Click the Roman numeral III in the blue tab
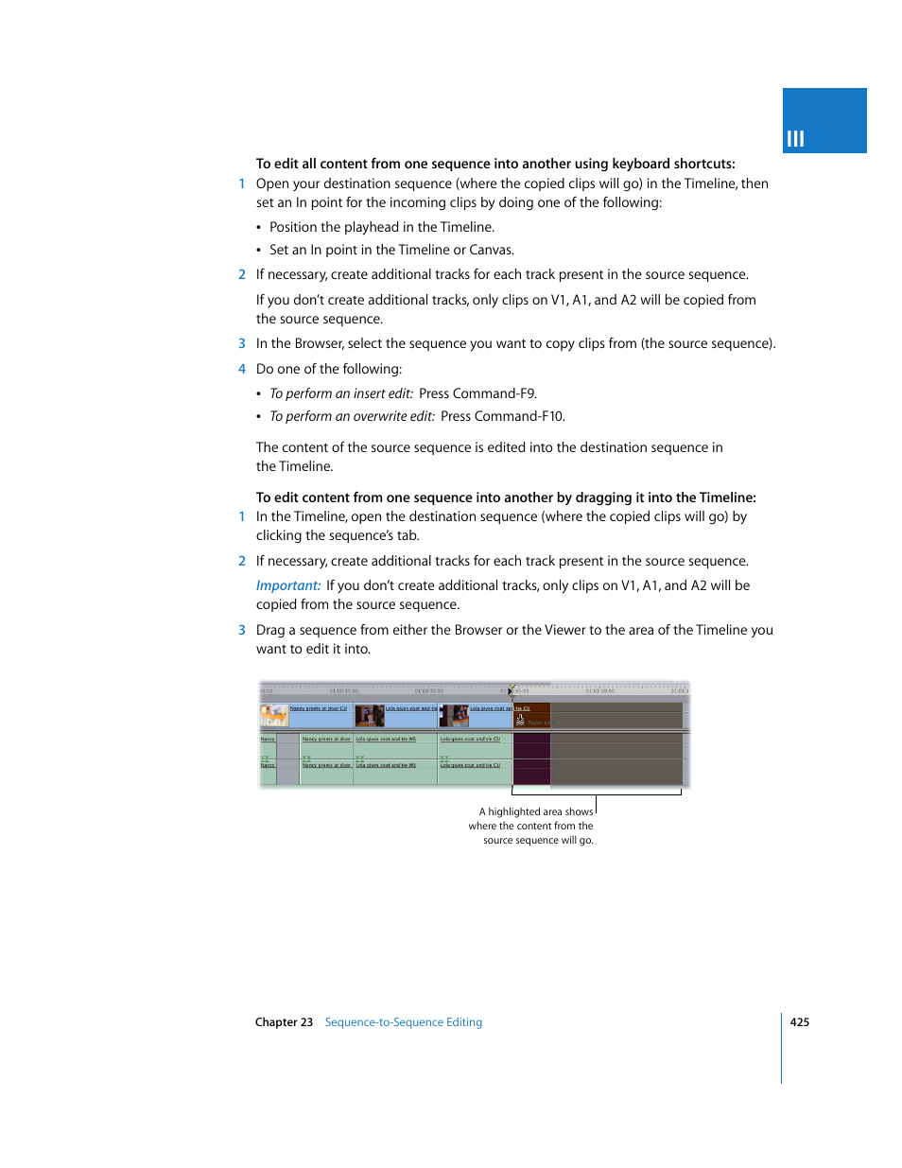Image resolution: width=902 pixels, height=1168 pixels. [795, 139]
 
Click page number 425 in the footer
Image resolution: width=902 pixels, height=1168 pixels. [799, 1022]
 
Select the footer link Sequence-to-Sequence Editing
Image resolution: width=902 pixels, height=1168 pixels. [403, 1022]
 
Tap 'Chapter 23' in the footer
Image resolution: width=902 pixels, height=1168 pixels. [284, 1022]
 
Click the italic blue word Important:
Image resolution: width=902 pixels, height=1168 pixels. [288, 586]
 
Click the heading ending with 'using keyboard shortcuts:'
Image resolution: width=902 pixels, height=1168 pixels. [494, 164]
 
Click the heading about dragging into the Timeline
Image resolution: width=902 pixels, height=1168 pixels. [506, 497]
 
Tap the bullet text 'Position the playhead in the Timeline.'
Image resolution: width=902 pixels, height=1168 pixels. [382, 227]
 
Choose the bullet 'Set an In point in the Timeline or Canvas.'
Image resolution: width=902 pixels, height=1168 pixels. [391, 250]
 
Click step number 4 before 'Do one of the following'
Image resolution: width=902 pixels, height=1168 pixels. [242, 369]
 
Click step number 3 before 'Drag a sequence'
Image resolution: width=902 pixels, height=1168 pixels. [242, 630]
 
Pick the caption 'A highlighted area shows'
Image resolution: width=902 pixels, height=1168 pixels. [535, 811]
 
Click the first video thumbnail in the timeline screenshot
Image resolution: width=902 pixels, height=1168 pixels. [274, 716]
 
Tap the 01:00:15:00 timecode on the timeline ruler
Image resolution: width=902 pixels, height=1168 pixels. [344, 691]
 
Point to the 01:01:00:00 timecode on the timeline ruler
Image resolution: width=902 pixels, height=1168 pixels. [599, 691]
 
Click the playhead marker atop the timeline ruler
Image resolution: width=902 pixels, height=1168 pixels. [512, 689]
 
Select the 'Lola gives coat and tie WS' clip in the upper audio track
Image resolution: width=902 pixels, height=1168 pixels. [386, 740]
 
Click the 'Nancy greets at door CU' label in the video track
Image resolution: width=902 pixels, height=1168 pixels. [319, 708]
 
